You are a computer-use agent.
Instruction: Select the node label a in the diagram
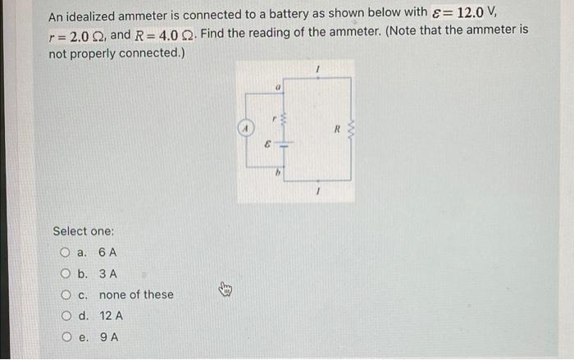click(278, 85)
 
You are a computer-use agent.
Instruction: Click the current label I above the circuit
click(317, 72)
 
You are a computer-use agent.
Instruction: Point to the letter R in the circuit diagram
click(335, 129)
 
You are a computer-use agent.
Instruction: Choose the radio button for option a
click(65, 253)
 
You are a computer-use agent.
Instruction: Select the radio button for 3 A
click(65, 274)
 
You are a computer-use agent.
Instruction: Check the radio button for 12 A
click(65, 316)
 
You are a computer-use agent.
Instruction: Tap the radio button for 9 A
click(65, 337)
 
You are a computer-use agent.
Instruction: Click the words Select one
click(83, 231)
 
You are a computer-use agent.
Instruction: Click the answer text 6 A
click(107, 253)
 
